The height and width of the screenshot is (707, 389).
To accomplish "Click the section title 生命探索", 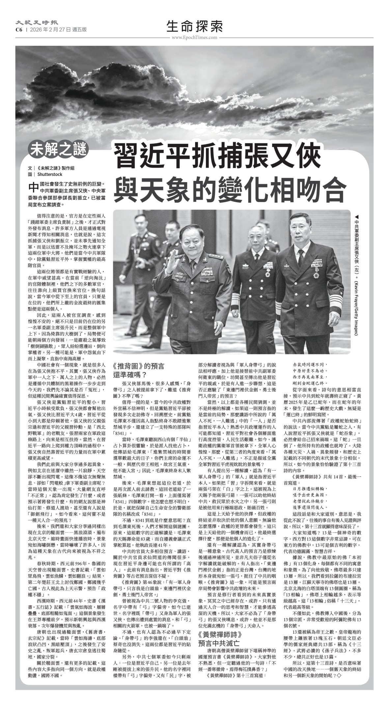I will pyautogui.click(x=194, y=26).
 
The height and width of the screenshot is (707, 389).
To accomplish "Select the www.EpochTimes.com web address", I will pyautogui.click(x=194, y=37).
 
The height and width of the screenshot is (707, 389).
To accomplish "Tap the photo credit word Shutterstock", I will pyautogui.click(x=50, y=174).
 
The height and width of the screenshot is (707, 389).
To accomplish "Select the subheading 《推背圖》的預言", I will pyautogui.click(x=138, y=366).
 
